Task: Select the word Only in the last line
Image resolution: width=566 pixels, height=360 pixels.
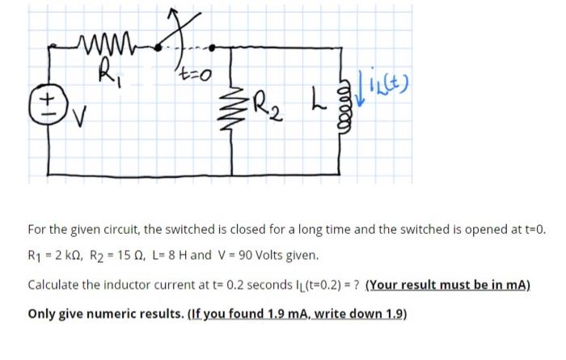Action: (x=42, y=313)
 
